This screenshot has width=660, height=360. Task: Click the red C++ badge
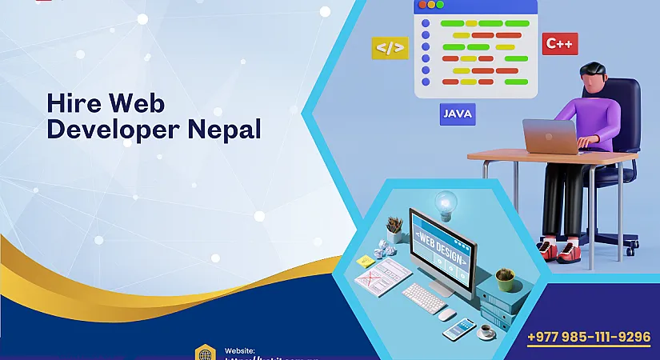[559, 43]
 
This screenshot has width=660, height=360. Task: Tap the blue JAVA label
[457, 114]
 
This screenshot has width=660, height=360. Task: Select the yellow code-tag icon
[390, 47]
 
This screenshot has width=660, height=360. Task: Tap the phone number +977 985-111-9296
[589, 337]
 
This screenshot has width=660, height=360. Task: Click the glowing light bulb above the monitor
[446, 201]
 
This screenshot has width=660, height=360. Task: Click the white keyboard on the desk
[423, 298]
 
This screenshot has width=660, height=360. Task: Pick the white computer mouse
[448, 314]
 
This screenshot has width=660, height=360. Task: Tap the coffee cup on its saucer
[485, 332]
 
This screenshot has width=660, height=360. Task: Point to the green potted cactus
[504, 278]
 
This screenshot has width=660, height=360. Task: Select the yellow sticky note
[365, 261]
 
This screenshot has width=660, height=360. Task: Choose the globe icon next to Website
[205, 353]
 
